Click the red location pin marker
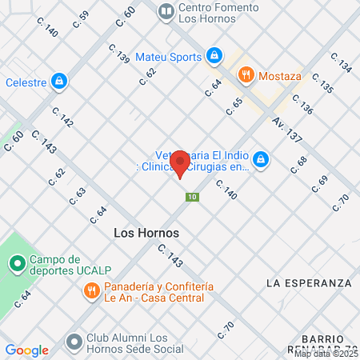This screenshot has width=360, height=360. pyautogui.click(x=181, y=162)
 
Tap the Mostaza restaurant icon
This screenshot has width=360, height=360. pyautogui.click(x=246, y=74)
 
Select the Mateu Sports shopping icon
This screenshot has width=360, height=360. pyautogui.click(x=214, y=56)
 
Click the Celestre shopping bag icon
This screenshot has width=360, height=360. pyautogui.click(x=58, y=81)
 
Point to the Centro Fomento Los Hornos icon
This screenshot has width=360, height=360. pyautogui.click(x=166, y=11)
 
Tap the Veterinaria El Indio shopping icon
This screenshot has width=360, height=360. pyautogui.click(x=261, y=161)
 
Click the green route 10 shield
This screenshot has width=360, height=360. pyautogui.click(x=191, y=197)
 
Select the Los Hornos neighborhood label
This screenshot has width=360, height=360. pyautogui.click(x=142, y=233)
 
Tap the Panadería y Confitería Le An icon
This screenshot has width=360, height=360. pyautogui.click(x=92, y=291)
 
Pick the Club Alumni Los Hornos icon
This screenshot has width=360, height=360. pyautogui.click(x=74, y=342)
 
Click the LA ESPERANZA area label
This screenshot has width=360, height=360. pyautogui.click(x=309, y=283)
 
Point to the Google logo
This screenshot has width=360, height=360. pyautogui.click(x=26, y=350)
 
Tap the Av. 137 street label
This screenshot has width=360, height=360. pyautogui.click(x=286, y=130)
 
